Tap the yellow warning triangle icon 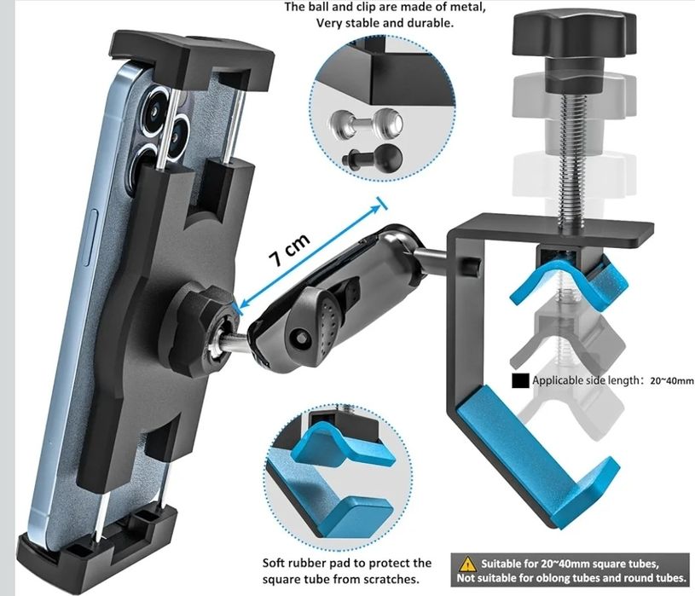[x=467, y=564]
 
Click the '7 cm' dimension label [x=290, y=251]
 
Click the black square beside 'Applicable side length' [x=520, y=380]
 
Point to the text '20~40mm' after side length [x=672, y=380]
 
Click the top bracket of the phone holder [x=192, y=58]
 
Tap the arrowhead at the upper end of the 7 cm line [x=377, y=208]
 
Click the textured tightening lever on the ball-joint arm [x=329, y=322]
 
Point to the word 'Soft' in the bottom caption [x=274, y=563]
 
